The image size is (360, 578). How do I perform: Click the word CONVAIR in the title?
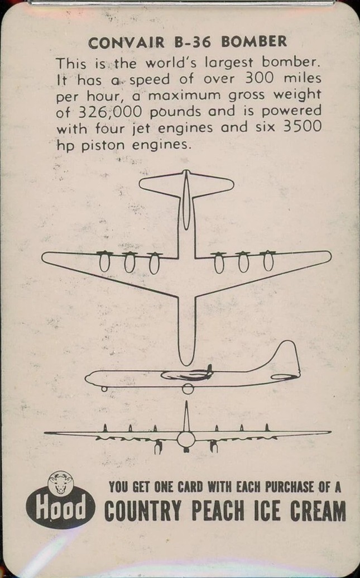coord(126,43)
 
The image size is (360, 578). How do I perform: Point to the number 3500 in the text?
coord(302,127)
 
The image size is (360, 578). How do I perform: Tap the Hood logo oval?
coord(60,509)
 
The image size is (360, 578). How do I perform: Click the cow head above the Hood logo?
coord(60,482)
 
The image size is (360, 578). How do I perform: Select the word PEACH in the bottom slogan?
coord(218,511)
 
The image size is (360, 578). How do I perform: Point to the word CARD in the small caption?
coord(190,487)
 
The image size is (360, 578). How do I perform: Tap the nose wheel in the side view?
coord(104,389)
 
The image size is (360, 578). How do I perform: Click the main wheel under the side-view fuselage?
coord(188,389)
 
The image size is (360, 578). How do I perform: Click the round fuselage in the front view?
coord(186,439)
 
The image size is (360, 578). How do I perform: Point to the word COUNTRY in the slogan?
coord(142,511)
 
